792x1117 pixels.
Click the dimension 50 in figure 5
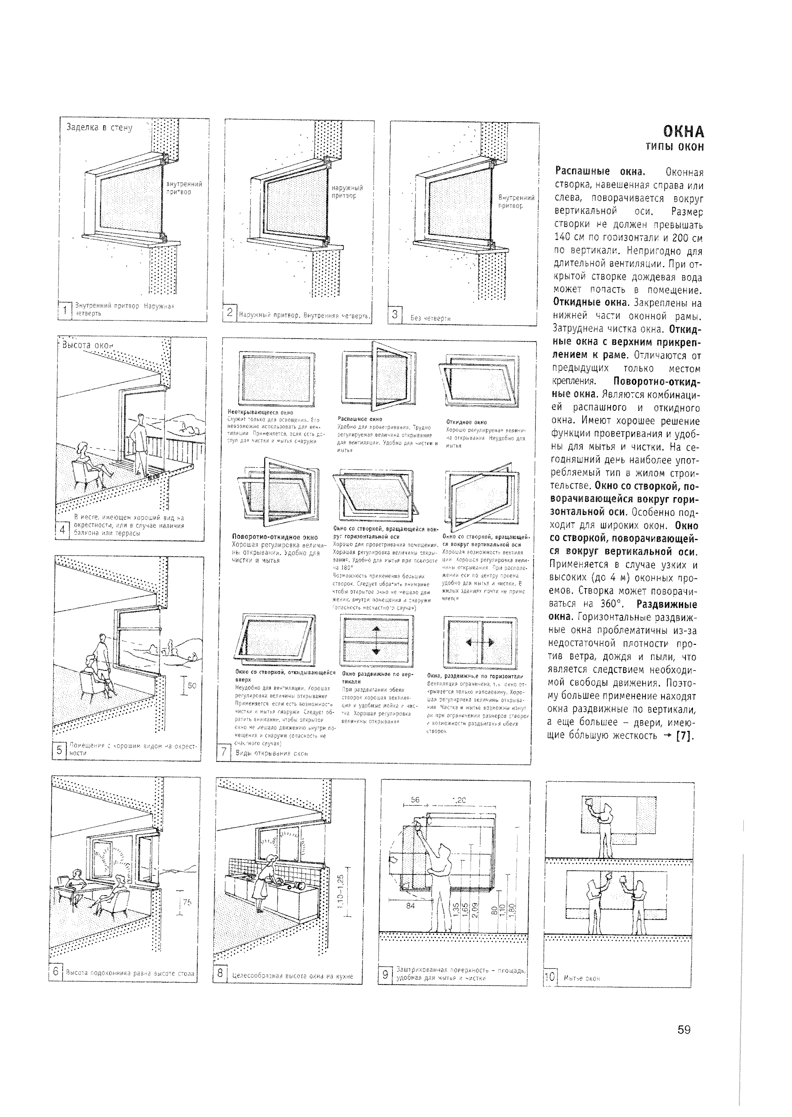tap(192, 685)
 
